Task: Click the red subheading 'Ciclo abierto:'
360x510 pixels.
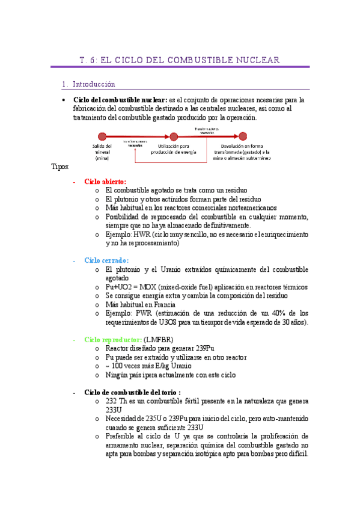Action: pos(105,181)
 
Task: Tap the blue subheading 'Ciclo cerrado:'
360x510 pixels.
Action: pos(106,260)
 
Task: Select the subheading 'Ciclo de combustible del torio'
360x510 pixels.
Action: pos(124,392)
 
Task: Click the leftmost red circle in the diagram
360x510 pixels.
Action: pos(102,136)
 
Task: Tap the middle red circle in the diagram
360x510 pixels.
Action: pos(174,136)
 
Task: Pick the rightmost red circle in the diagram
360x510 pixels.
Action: pos(243,136)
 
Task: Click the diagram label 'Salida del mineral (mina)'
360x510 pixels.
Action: pos(102,152)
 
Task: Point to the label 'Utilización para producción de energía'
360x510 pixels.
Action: pos(174,149)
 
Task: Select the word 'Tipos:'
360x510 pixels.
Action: pos(61,167)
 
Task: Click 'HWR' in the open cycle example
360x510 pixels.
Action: pos(142,234)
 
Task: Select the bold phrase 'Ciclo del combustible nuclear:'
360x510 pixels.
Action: pos(120,100)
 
